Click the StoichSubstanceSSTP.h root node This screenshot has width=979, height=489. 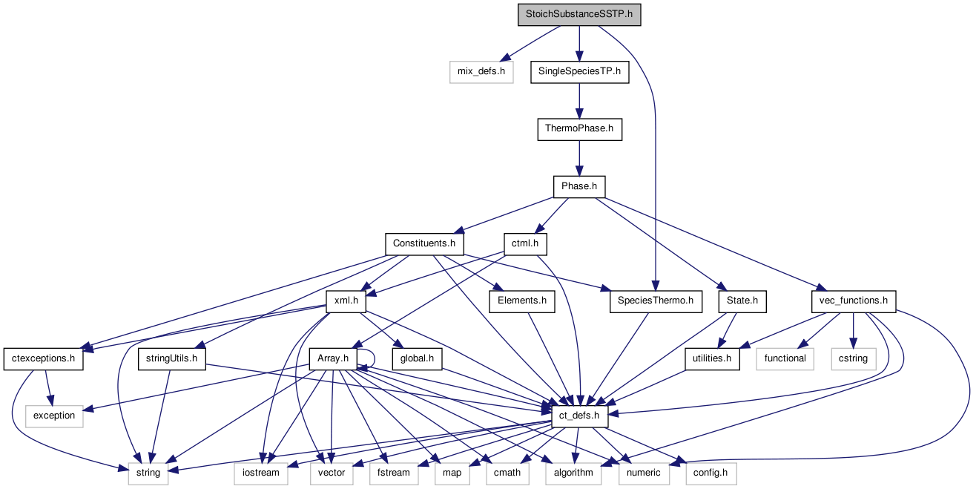coord(578,14)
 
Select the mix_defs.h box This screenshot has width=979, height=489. coord(481,72)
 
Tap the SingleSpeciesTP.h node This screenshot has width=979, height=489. coord(579,72)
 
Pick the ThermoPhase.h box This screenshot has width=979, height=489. coord(579,129)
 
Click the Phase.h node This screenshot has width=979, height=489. coord(578,186)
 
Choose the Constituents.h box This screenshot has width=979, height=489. coord(424,243)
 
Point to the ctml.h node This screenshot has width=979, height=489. coord(525,243)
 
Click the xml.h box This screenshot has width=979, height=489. coord(346,301)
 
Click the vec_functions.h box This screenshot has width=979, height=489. coord(854,301)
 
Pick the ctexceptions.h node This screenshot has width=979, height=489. coord(44,358)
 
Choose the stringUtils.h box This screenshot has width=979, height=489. coord(172,358)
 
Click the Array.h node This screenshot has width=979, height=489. coord(332,358)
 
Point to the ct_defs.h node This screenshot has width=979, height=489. coord(579,416)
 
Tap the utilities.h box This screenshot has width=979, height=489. coord(712,358)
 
